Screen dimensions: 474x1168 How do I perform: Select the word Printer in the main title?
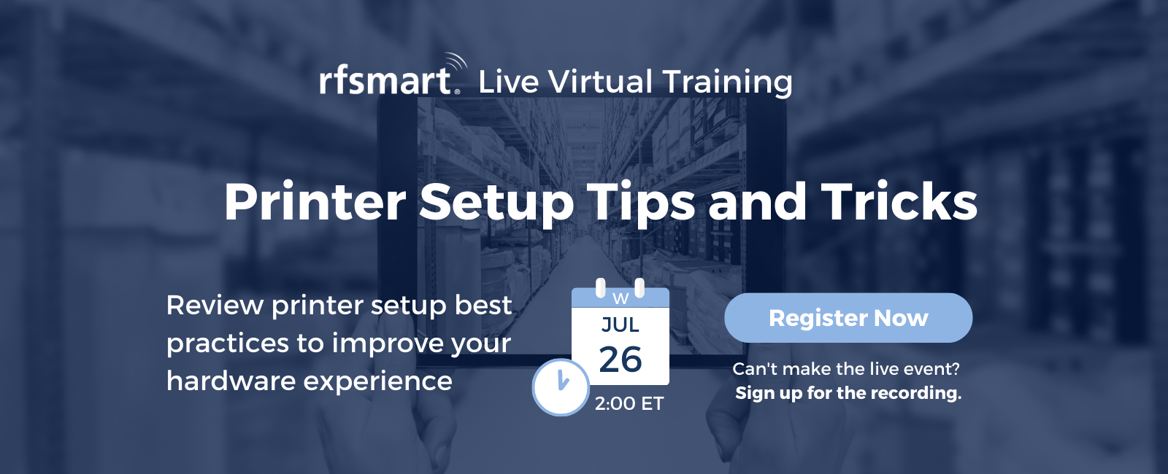tap(315, 202)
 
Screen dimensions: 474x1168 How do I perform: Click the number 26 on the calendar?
tap(620, 360)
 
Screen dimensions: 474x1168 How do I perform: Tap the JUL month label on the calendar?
tap(620, 325)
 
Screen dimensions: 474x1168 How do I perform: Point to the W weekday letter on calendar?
tap(620, 298)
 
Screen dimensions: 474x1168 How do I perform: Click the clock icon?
tap(561, 386)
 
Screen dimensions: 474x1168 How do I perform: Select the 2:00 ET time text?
tap(629, 403)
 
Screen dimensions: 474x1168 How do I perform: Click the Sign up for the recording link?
tap(848, 393)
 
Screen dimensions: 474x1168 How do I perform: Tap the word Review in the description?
tap(215, 305)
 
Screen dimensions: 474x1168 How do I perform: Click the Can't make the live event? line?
tap(846, 369)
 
